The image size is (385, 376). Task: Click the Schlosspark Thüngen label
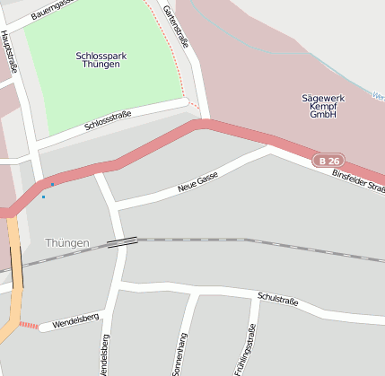tap(101, 60)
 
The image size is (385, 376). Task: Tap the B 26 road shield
tap(328, 161)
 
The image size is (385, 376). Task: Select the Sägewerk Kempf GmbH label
tap(322, 105)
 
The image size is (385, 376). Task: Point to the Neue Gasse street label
tap(198, 182)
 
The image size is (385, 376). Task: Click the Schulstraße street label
tap(277, 298)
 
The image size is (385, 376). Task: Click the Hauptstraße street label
tap(11, 50)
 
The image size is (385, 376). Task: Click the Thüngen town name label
tap(66, 243)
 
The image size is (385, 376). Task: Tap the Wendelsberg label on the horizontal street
tap(73, 321)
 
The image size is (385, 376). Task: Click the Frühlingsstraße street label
tap(239, 354)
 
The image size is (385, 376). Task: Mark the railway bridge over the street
tap(122, 241)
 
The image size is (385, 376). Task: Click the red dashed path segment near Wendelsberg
tap(30, 326)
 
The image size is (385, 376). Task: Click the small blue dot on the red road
tap(52, 185)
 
